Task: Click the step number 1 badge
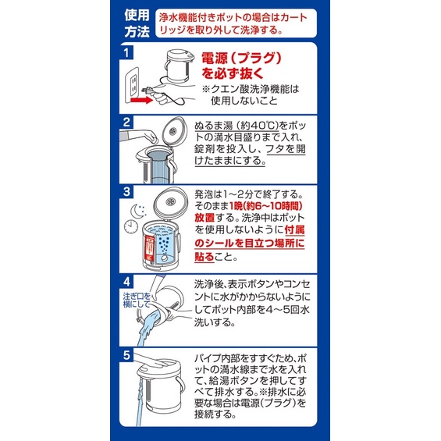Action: click(x=126, y=52)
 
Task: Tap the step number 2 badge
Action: click(x=126, y=122)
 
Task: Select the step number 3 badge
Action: click(x=126, y=191)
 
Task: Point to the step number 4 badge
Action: click(x=126, y=281)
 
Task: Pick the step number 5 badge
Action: click(x=126, y=354)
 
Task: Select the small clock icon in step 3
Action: click(x=131, y=226)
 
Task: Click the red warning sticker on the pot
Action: click(x=149, y=250)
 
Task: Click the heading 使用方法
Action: click(x=137, y=23)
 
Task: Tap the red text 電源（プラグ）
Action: click(x=241, y=59)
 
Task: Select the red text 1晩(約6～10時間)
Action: click(x=266, y=206)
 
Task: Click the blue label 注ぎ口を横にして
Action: click(x=137, y=300)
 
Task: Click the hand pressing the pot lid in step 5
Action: click(x=152, y=361)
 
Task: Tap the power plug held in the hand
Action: click(x=148, y=91)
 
